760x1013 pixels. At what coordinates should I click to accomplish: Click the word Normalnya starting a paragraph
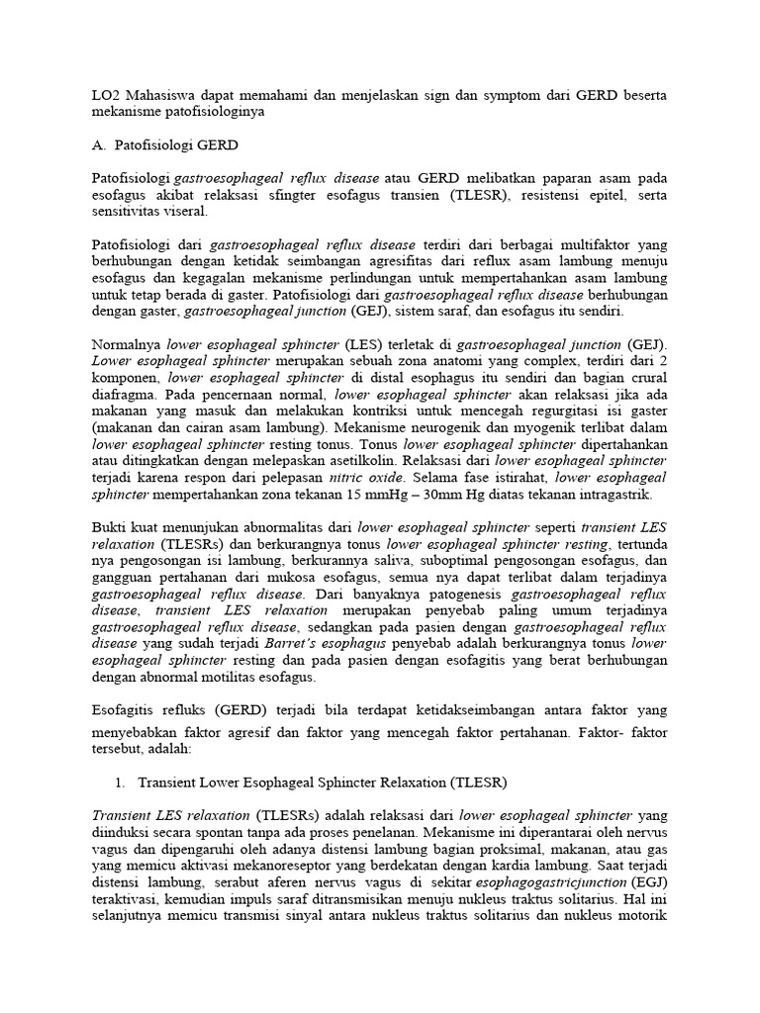point(127,345)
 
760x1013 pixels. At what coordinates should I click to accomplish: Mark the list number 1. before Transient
point(120,783)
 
